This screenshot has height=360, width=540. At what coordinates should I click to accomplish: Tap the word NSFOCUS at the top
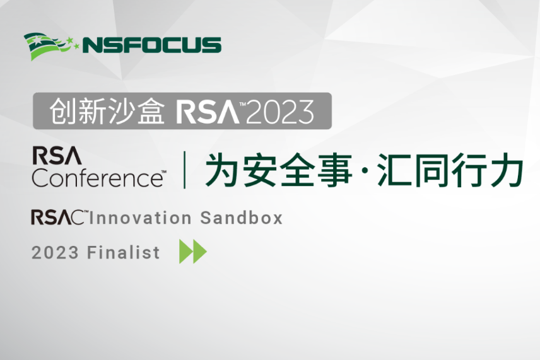152,45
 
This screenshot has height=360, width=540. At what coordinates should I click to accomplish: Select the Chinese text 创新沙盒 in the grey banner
107,111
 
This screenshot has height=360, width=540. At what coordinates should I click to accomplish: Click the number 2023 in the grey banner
280,112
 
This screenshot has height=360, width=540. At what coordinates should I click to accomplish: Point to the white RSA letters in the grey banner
208,112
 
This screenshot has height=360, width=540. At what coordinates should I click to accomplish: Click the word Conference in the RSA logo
97,178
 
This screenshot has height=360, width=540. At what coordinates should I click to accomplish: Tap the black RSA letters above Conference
57,156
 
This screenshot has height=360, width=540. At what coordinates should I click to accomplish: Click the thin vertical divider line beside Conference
185,170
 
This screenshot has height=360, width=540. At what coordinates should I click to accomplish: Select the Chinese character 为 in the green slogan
222,170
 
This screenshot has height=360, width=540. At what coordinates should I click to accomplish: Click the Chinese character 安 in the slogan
259,170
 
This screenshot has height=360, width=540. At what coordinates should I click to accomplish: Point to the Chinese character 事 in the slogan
335,170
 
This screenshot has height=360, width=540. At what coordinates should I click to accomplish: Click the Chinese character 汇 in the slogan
394,170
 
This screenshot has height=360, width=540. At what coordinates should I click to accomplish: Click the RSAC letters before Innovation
57,218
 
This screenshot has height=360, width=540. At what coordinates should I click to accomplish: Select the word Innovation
141,218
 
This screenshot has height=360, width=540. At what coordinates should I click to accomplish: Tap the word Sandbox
242,218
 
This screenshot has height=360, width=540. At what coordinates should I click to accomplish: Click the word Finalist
123,252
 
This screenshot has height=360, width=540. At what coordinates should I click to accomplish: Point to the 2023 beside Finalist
55,253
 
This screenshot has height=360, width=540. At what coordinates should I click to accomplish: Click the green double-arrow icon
193,252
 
